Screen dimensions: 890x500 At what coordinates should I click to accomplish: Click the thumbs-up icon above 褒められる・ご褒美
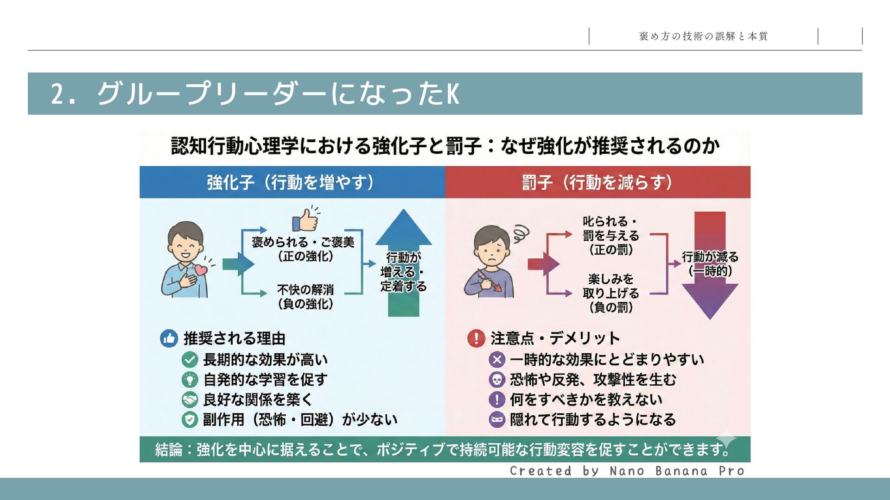coord(305,220)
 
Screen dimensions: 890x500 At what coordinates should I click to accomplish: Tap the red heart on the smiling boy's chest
coord(201,269)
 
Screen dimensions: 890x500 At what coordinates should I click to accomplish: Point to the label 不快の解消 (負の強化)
coord(305,297)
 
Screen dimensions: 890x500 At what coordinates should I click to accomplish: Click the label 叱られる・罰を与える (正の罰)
coord(610,236)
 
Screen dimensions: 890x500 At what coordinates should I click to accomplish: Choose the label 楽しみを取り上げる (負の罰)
coord(610,293)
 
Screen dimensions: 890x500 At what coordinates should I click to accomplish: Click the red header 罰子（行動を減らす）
coord(598,182)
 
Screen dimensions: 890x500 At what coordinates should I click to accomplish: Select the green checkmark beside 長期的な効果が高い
coord(190,359)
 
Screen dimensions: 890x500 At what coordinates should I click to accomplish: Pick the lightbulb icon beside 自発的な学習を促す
coord(190,380)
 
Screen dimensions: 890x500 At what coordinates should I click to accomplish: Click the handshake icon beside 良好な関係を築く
coord(190,399)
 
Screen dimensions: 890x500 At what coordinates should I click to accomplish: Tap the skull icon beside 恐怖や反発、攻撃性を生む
coord(497,380)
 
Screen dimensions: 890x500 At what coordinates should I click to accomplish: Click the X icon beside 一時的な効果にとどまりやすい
coord(497,359)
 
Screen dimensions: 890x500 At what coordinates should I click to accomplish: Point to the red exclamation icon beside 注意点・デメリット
coord(476,338)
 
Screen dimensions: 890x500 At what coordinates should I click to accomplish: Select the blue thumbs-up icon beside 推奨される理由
coord(169,338)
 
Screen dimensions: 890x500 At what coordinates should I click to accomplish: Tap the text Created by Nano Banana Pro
coord(627,471)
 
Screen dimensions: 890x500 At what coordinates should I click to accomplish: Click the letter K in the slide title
coord(453,94)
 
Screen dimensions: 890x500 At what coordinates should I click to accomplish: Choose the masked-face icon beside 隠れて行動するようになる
coord(497,419)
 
